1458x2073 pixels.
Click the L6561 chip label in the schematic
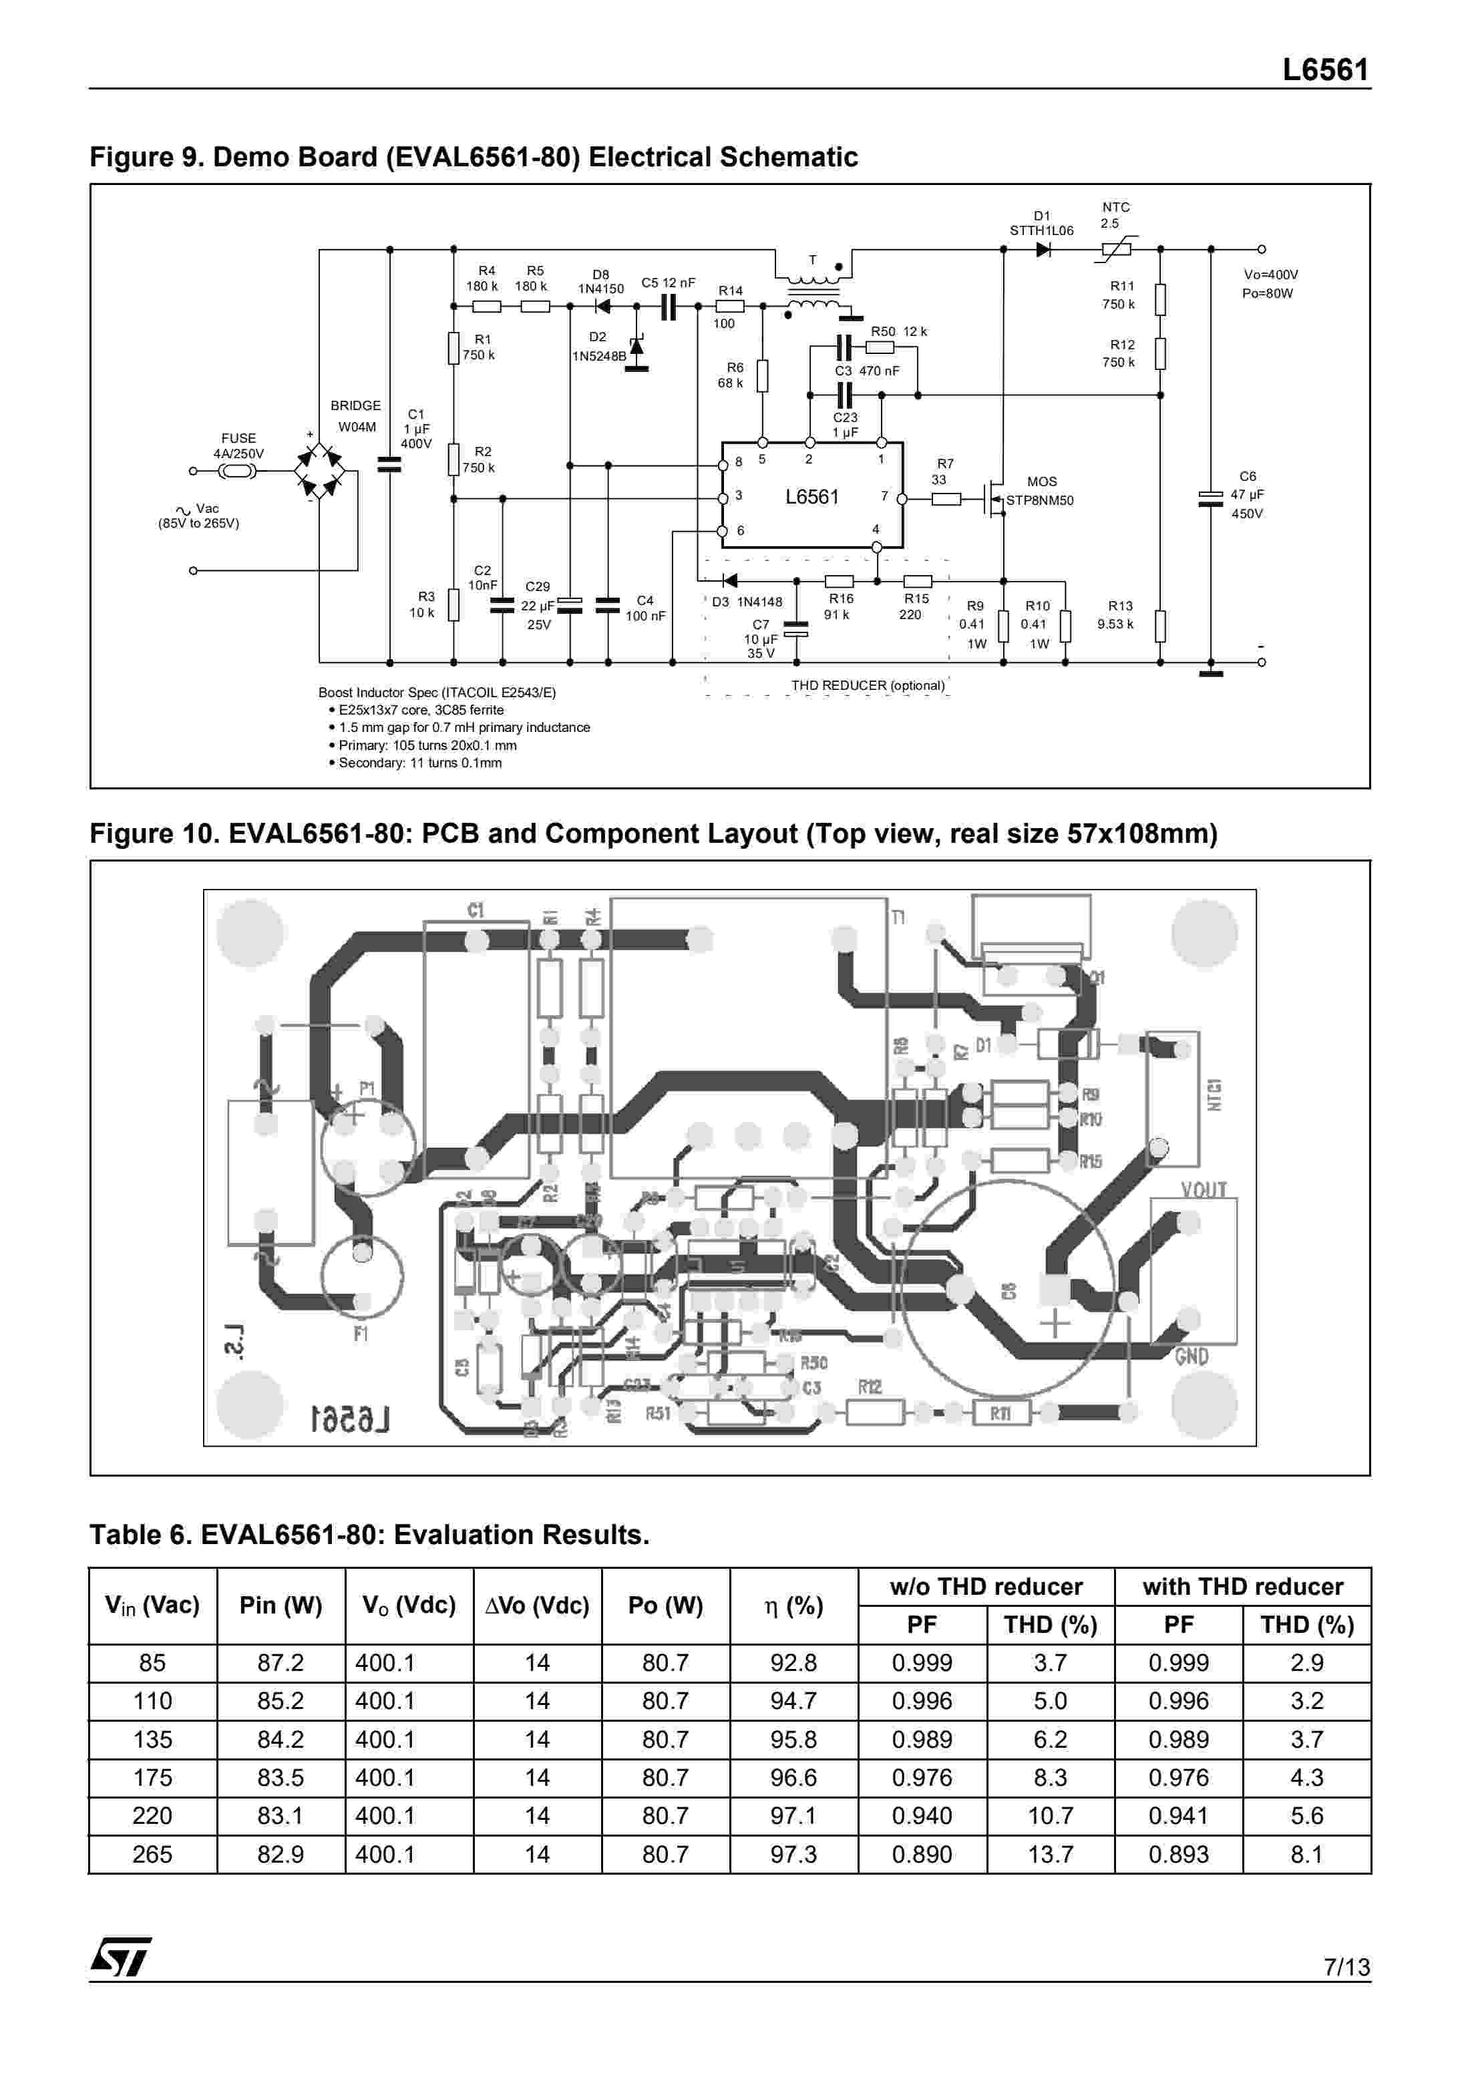pyautogui.click(x=811, y=497)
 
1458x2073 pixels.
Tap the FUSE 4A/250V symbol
pyautogui.click(x=236, y=472)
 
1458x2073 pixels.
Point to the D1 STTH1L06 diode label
pyautogui.click(x=1041, y=223)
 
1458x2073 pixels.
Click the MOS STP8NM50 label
pyautogui.click(x=1040, y=491)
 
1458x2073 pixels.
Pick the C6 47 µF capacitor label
pyautogui.click(x=1247, y=495)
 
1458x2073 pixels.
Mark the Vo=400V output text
pyautogui.click(x=1270, y=274)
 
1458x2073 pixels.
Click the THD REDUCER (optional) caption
pyautogui.click(x=868, y=685)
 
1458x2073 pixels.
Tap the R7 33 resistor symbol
pyautogui.click(x=945, y=498)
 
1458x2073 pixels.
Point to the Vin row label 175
pyautogui.click(x=152, y=1777)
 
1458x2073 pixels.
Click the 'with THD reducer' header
pyautogui.click(x=1242, y=1586)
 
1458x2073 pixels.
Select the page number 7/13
pyautogui.click(x=1346, y=1966)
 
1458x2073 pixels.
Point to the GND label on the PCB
pyautogui.click(x=1192, y=1356)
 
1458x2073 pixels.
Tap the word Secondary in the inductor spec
pyautogui.click(x=370, y=763)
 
